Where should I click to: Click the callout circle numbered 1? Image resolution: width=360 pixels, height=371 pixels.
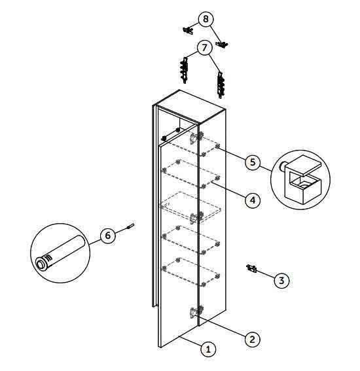(x=208, y=349)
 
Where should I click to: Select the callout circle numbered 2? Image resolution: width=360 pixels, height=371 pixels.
(x=252, y=340)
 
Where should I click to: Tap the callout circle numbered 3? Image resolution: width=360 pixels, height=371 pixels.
(x=281, y=281)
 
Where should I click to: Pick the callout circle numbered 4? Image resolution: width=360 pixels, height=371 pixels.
(x=253, y=200)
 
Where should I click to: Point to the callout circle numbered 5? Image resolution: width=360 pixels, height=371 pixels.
(x=253, y=162)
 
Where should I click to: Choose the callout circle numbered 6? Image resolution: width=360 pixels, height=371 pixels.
(x=108, y=236)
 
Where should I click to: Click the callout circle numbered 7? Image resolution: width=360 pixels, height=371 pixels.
(x=204, y=48)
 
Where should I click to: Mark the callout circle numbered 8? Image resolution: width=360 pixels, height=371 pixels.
(x=206, y=19)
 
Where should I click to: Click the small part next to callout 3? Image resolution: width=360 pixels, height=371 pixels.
(x=251, y=269)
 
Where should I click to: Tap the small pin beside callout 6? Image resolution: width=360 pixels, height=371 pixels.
(x=131, y=226)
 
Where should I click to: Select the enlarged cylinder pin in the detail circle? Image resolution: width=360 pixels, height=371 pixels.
(x=60, y=253)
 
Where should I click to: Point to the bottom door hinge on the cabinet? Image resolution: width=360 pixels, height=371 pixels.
(x=196, y=311)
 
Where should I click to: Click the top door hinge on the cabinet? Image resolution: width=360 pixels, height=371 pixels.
(x=196, y=137)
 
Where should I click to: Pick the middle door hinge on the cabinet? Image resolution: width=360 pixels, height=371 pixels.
(x=196, y=217)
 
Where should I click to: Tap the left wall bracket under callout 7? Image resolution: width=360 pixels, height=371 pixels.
(x=184, y=70)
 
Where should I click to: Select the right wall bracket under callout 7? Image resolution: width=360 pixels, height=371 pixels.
(x=221, y=85)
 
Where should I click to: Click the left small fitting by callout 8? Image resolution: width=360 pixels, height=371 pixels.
(x=188, y=30)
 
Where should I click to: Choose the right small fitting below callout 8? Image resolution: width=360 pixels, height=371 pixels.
(x=222, y=44)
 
